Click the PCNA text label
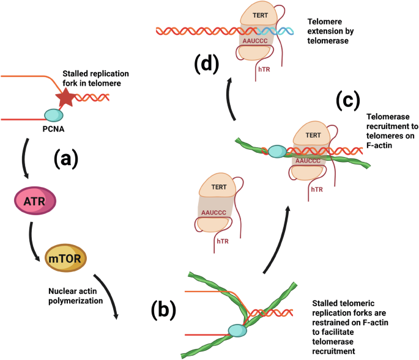[x=54, y=129]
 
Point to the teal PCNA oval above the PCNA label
[x=54, y=114]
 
